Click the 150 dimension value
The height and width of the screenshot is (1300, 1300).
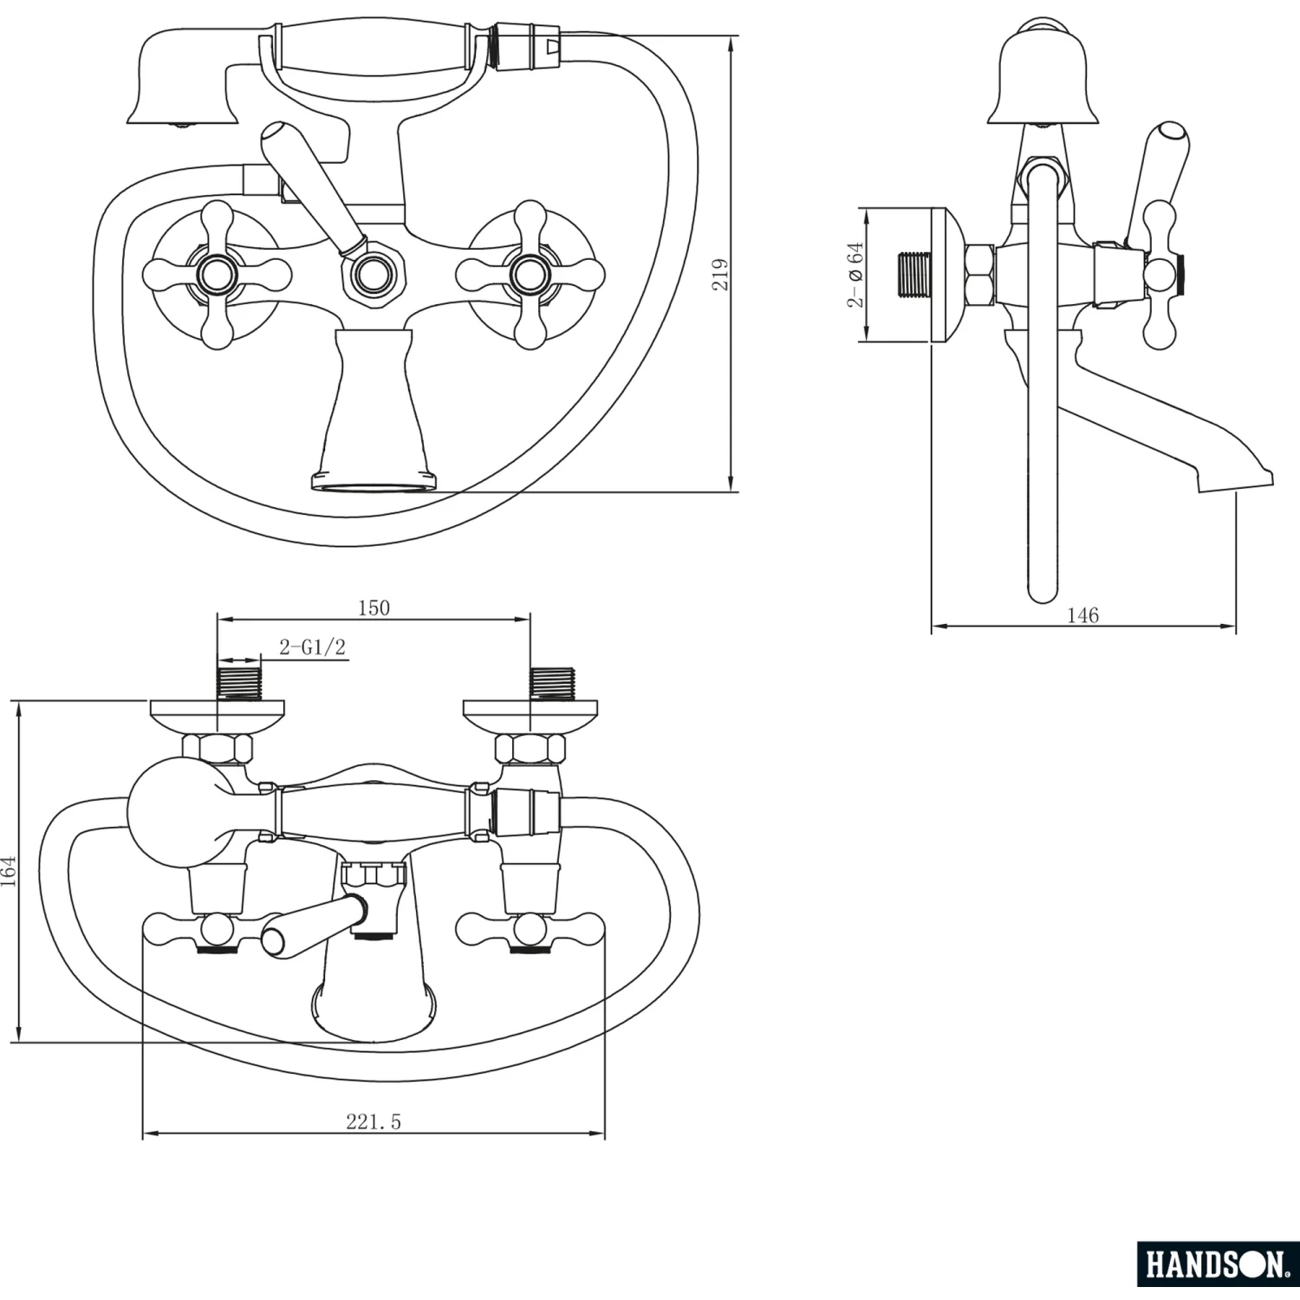click(x=374, y=608)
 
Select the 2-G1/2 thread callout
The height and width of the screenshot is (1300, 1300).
click(x=312, y=647)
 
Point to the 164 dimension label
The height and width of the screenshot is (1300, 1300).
click(x=9, y=870)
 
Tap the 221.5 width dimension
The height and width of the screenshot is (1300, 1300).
click(x=374, y=1121)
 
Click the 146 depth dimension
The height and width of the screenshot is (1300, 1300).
click(x=1082, y=615)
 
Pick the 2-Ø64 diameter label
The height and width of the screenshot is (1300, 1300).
click(x=855, y=274)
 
